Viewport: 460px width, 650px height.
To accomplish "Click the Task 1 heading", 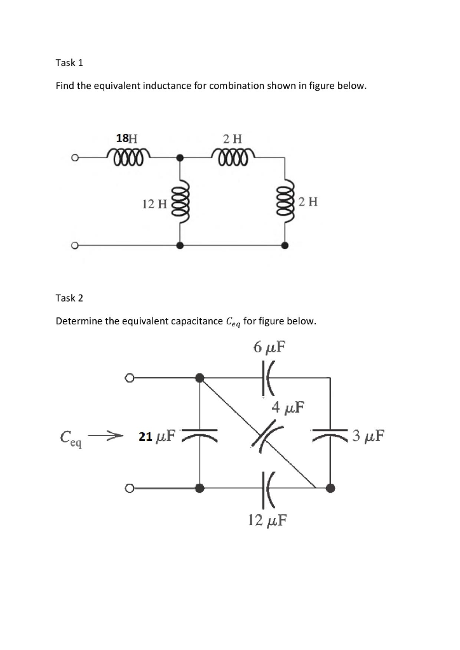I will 69,63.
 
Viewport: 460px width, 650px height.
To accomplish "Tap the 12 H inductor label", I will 154,204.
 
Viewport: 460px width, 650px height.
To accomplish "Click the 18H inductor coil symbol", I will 130,155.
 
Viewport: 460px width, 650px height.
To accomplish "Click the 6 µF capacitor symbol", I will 266,379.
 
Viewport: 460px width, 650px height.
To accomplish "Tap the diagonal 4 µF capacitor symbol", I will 266,437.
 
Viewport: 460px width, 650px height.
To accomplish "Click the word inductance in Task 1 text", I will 165,86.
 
